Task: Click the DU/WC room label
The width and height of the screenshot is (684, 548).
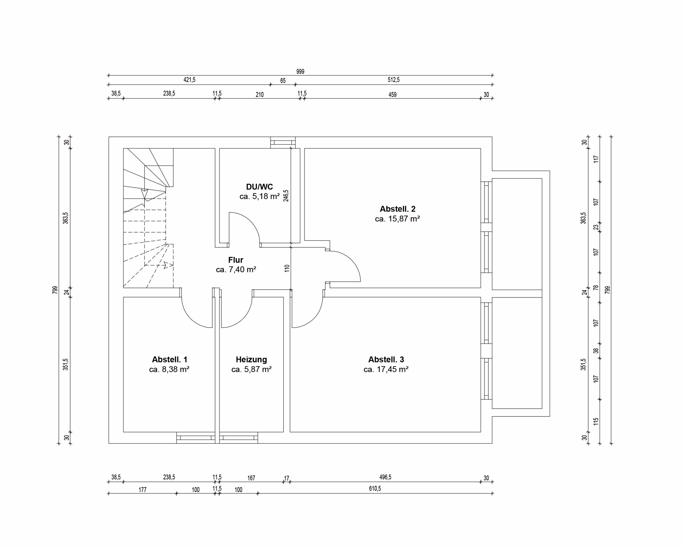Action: pyautogui.click(x=259, y=187)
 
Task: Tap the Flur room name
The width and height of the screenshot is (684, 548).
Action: pyautogui.click(x=235, y=260)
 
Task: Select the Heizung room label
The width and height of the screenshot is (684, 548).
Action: pyautogui.click(x=251, y=360)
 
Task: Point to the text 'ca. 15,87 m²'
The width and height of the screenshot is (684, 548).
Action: pyautogui.click(x=397, y=219)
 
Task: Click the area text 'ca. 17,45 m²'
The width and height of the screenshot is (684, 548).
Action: pyautogui.click(x=386, y=369)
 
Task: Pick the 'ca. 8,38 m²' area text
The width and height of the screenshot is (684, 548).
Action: pyautogui.click(x=169, y=369)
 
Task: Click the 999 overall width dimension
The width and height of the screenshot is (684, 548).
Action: pyautogui.click(x=300, y=72)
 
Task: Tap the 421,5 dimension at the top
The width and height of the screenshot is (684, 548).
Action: pyautogui.click(x=189, y=80)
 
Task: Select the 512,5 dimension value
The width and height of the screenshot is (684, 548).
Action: pyautogui.click(x=394, y=80)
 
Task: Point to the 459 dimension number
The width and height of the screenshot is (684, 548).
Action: pyautogui.click(x=392, y=95)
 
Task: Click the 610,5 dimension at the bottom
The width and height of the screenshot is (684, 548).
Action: pyautogui.click(x=375, y=488)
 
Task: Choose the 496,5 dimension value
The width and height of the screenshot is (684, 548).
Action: pyautogui.click(x=385, y=477)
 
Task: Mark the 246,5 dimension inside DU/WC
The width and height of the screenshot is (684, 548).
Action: pyautogui.click(x=286, y=196)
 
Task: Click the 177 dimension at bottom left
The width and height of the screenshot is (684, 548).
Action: pyautogui.click(x=142, y=490)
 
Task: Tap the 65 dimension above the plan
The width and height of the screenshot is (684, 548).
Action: pyautogui.click(x=283, y=81)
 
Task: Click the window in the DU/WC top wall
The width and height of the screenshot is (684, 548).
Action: pyautogui.click(x=283, y=143)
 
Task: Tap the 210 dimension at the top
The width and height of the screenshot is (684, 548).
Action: pyautogui.click(x=260, y=95)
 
